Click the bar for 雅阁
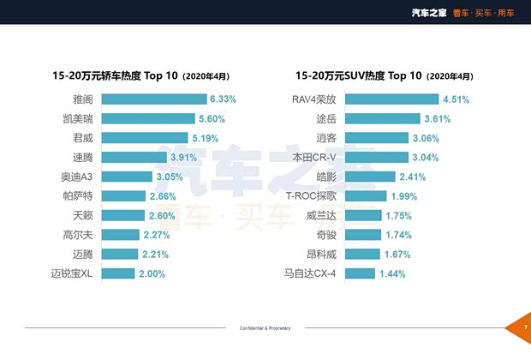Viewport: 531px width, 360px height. click(158, 99)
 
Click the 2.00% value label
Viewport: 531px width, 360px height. click(152, 273)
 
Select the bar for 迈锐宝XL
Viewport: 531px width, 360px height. click(123, 273)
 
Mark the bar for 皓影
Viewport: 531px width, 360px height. click(385, 177)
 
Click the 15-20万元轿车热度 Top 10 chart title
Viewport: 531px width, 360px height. click(140, 75)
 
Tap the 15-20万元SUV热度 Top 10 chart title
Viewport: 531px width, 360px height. click(377, 75)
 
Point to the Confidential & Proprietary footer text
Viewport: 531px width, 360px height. click(265, 328)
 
